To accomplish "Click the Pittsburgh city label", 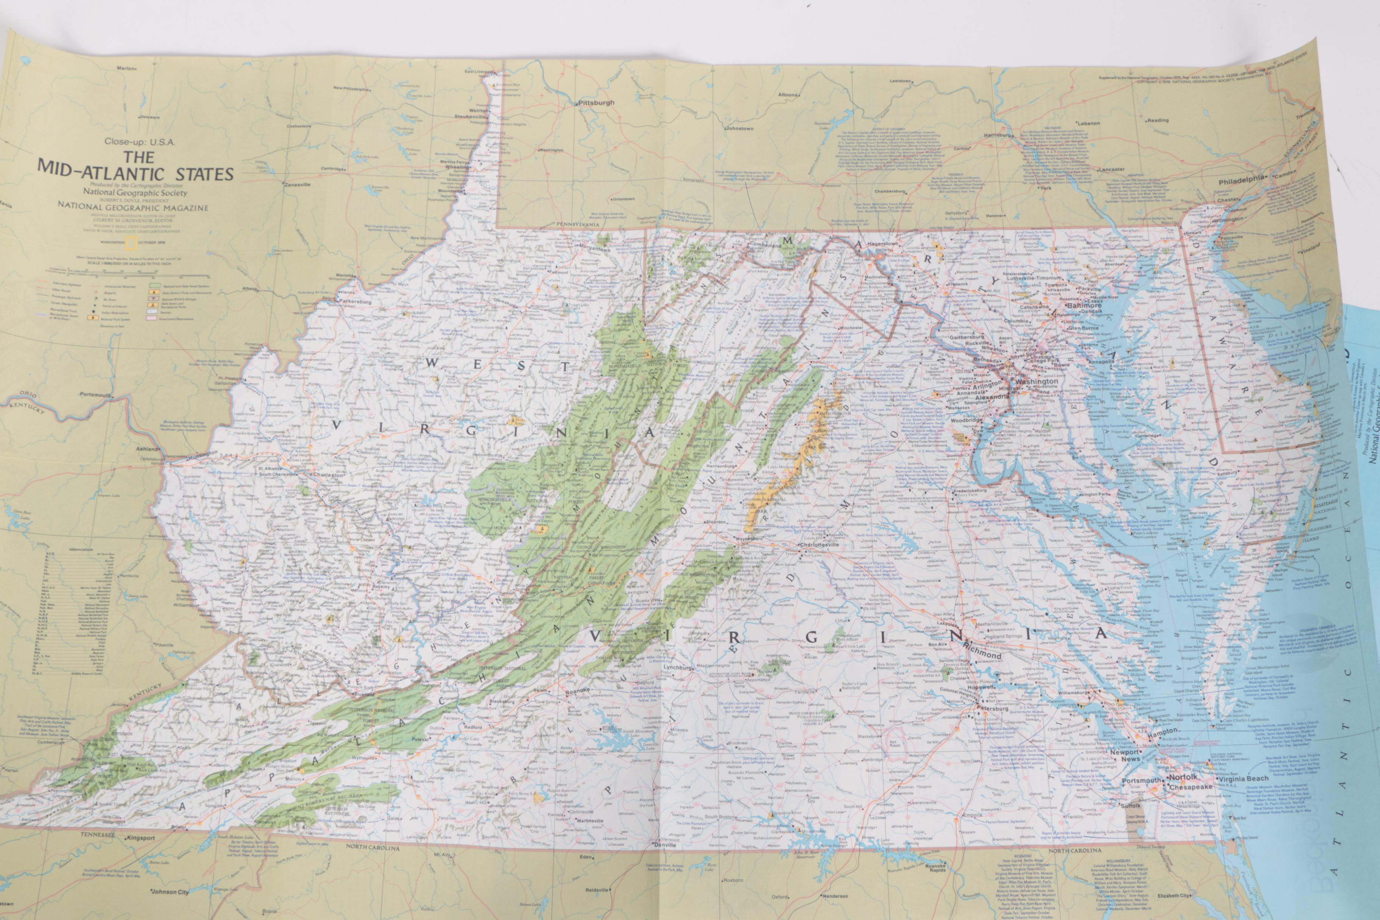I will pyautogui.click(x=596, y=103).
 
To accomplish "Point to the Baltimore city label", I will pyautogui.click(x=1084, y=306).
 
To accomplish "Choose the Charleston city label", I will pyautogui.click(x=328, y=475).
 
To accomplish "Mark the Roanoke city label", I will pyautogui.click(x=577, y=691).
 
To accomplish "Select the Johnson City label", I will pyautogui.click(x=170, y=892).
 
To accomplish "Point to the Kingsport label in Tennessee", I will pyautogui.click(x=140, y=838).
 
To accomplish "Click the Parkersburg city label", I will pyautogui.click(x=355, y=301).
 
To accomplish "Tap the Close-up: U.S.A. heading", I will pyautogui.click(x=140, y=141).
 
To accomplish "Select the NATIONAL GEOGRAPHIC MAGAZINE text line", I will pyautogui.click(x=133, y=207).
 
